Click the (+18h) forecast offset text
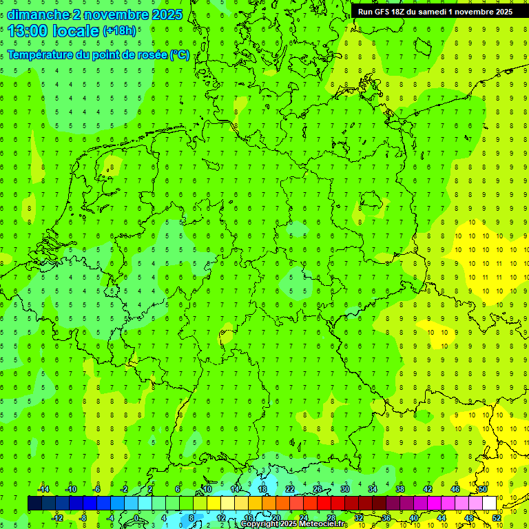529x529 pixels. point(119,31)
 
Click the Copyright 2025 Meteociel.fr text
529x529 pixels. point(293,524)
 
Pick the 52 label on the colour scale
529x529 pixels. point(497,518)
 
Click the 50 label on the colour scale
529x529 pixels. point(483,489)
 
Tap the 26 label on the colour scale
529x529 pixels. point(318,489)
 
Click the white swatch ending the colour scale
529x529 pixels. point(490,504)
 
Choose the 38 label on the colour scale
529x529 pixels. point(400,489)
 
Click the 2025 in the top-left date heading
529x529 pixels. point(167,14)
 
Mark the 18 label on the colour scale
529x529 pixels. point(262,489)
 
